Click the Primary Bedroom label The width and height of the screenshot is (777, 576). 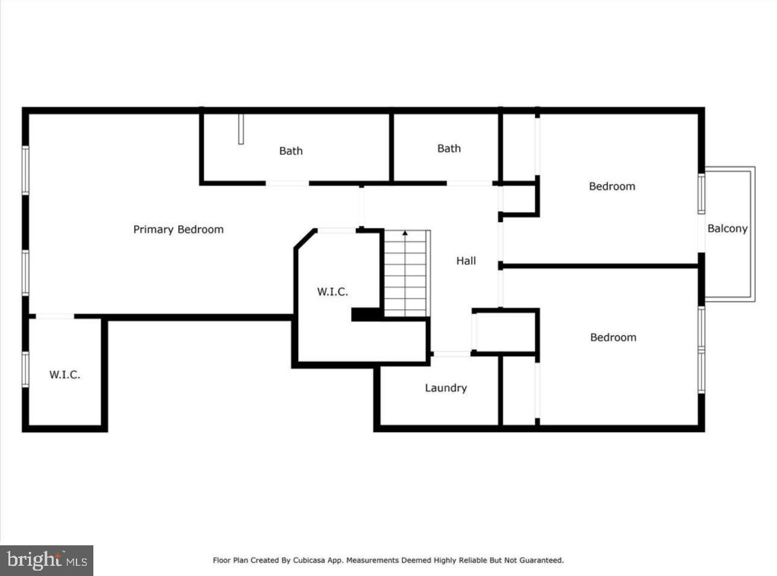click(178, 229)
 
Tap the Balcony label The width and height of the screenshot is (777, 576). click(727, 229)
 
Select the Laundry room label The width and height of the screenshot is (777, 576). click(446, 388)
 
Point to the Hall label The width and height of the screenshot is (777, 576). click(466, 261)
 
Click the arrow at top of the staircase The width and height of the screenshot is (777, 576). click(405, 233)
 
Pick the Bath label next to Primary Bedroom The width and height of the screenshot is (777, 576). click(291, 151)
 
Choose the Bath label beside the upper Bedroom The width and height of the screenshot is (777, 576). click(449, 149)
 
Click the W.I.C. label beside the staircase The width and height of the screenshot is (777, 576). click(332, 292)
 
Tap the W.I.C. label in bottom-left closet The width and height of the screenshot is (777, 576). click(64, 375)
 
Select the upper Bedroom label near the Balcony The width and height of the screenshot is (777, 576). click(612, 187)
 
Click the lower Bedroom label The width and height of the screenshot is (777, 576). click(613, 338)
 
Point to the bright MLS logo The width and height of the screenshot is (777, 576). click(47, 560)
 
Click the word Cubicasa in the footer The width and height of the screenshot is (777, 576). click(309, 560)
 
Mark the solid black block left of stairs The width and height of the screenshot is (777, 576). click(366, 314)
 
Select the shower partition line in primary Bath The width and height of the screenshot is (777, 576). click(241, 129)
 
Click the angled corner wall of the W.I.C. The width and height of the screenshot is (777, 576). click(305, 238)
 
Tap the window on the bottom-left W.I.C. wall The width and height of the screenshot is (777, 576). click(26, 368)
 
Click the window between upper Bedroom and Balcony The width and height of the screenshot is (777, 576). click(702, 194)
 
